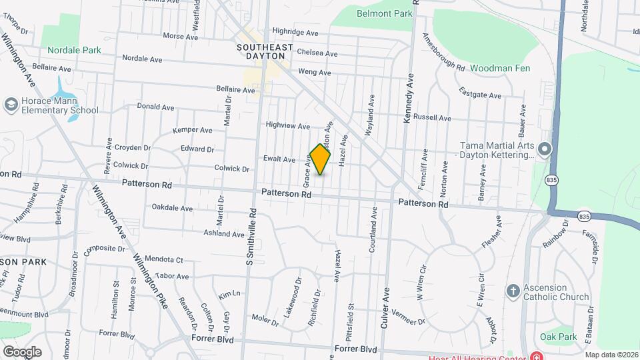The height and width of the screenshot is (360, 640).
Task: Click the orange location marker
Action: click(x=320, y=159)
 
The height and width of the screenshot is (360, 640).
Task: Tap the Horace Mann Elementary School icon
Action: click(x=11, y=105)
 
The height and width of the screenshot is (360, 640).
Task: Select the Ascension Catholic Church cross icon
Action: click(x=513, y=291)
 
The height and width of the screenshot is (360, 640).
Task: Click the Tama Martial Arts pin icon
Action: click(x=545, y=149)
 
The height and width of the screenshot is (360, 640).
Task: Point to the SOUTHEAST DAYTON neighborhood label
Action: click(x=265, y=52)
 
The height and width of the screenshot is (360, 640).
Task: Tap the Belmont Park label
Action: click(x=385, y=13)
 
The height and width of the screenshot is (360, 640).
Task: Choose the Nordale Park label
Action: click(x=74, y=50)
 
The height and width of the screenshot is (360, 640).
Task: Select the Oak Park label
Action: click(x=559, y=337)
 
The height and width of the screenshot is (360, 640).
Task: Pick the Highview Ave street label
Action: click(x=288, y=125)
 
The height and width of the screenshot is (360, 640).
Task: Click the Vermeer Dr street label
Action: click(x=408, y=317)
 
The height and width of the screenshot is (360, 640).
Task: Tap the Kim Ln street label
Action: click(x=229, y=294)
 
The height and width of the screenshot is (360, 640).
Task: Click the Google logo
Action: click(x=21, y=351)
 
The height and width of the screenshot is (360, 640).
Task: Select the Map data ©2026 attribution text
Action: click(x=611, y=355)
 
